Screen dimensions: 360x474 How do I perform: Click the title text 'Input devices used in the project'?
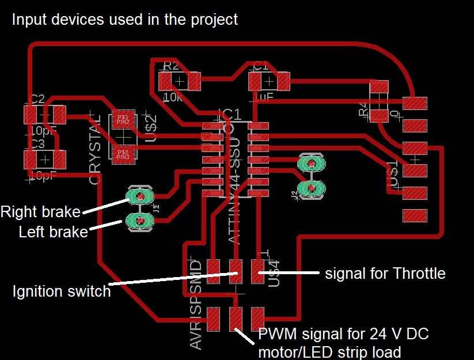point(125,20)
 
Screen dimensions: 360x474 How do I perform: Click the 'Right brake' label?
point(40,211)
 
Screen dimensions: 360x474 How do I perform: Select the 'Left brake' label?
point(53,232)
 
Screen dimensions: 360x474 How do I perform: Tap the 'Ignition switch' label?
point(62,291)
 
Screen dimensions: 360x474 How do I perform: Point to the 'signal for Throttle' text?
point(385,272)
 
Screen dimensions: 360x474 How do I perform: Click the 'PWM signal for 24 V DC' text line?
point(344,334)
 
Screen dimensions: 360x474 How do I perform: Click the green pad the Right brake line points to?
point(138,198)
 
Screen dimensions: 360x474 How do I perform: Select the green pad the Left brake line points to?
point(138,220)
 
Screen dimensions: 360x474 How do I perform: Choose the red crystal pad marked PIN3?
point(123,154)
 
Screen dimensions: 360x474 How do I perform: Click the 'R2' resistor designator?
point(170,66)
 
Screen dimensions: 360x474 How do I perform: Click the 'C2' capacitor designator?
point(37,99)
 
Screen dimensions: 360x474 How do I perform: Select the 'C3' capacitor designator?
point(37,143)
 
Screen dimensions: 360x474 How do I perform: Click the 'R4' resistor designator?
point(363,109)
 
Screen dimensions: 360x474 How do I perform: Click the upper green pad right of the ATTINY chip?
point(312,164)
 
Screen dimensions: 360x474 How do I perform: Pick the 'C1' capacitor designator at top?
point(261,66)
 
